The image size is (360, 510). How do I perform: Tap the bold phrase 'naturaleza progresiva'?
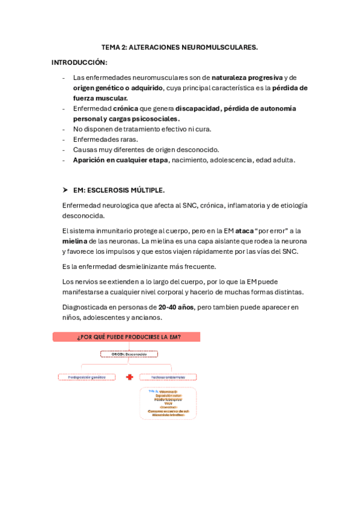click(x=247, y=78)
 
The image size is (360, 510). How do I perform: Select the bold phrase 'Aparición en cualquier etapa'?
click(x=120, y=160)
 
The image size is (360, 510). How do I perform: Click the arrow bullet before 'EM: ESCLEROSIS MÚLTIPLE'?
click(x=66, y=189)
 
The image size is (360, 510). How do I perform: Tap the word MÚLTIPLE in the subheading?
click(x=146, y=190)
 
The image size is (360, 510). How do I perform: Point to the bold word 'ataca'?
click(x=245, y=230)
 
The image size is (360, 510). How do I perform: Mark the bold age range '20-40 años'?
click(x=176, y=307)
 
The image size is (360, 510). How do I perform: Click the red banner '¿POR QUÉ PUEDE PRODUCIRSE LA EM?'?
click(x=126, y=337)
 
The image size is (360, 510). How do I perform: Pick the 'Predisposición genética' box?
click(x=86, y=377)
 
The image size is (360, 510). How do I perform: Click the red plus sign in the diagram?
click(x=129, y=377)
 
